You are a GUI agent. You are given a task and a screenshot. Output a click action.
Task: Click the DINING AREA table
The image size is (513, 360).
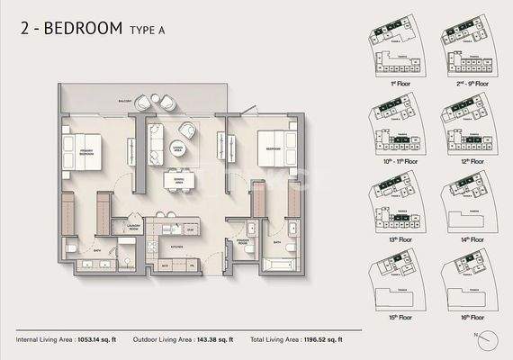(x=176, y=179)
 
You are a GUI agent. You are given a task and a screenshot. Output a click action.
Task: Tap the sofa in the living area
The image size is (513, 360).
(x=155, y=139)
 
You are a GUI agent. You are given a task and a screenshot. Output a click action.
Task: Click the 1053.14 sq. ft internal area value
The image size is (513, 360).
(x=98, y=340)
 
